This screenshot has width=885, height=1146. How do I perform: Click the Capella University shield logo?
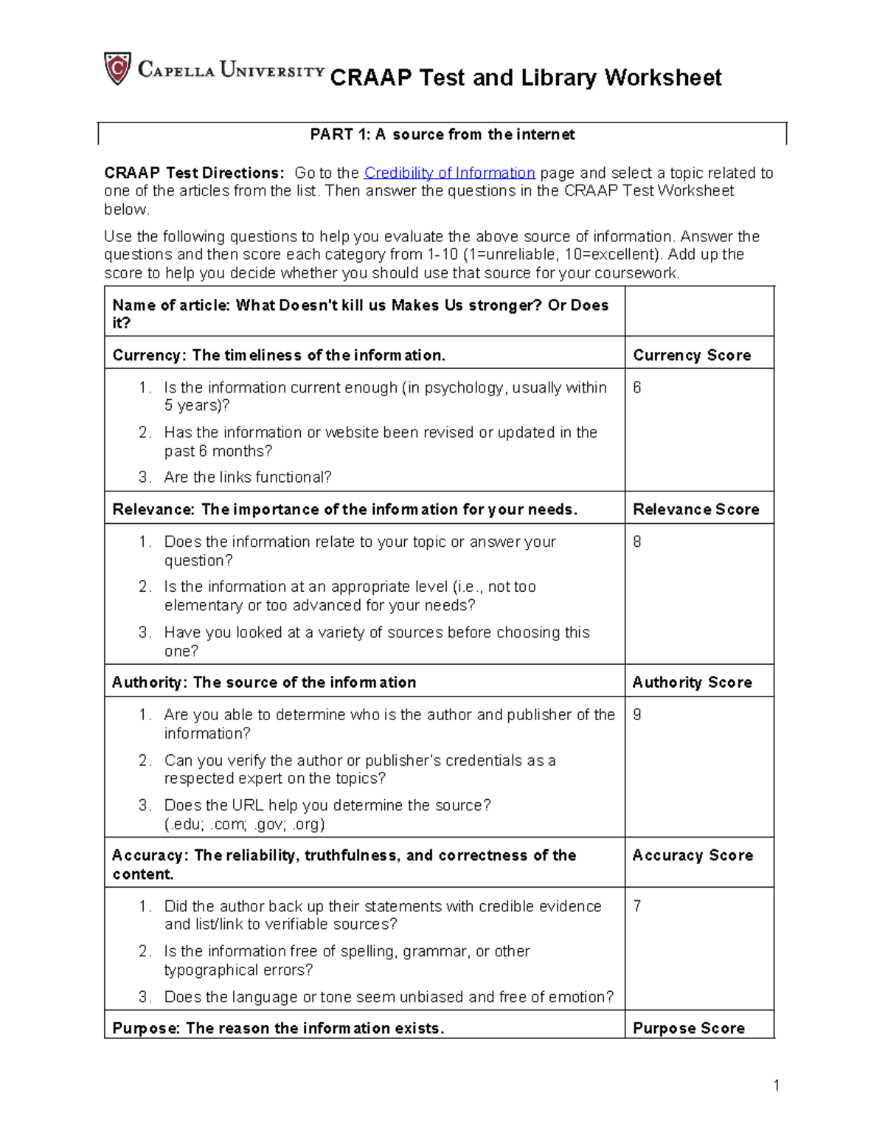pos(117,69)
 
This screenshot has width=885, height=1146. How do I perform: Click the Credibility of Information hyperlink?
pos(449,173)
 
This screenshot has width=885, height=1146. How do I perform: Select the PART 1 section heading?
pos(442,134)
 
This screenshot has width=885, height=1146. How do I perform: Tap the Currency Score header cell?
pos(691,355)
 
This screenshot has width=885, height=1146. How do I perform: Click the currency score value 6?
pos(637,387)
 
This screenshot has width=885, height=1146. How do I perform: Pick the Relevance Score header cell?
pos(695,509)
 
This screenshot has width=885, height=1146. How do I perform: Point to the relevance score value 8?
pos(637,542)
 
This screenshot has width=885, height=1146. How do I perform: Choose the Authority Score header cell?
pos(692,682)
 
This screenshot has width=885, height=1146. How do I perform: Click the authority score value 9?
pos(637,714)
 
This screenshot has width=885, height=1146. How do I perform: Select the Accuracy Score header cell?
pos(693,855)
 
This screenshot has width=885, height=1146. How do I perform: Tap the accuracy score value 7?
pos(637,906)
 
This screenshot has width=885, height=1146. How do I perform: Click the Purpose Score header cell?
pos(688,1028)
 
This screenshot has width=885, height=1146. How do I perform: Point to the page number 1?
pos(777,1085)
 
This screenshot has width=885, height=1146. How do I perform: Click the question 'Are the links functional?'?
pos(248,477)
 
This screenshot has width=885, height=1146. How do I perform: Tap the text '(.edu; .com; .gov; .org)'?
pos(244,824)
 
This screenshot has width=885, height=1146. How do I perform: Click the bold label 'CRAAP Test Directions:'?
pos(194,173)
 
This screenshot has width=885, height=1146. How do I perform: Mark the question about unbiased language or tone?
pos(389,997)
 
